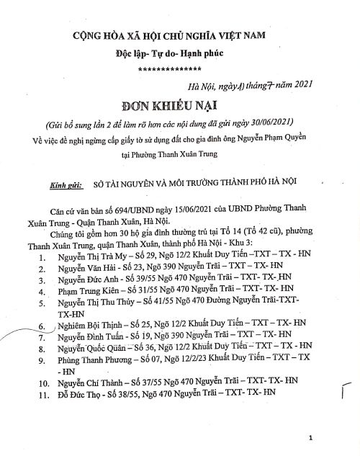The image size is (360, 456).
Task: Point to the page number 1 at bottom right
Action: click(x=309, y=437)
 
